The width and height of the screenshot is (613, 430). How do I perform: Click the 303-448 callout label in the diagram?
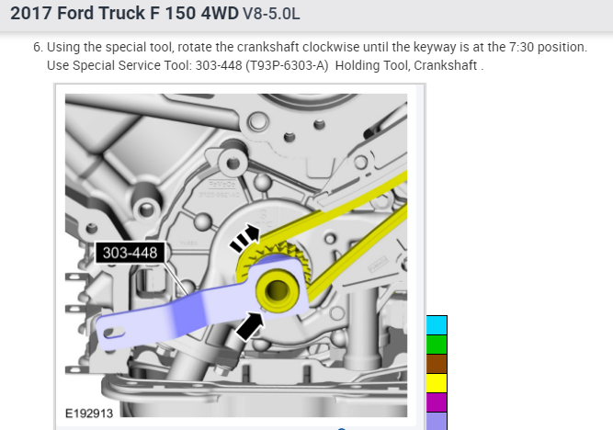[x=131, y=253]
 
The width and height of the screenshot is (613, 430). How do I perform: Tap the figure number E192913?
[x=89, y=413]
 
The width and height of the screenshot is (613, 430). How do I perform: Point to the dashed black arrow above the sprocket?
[x=244, y=238]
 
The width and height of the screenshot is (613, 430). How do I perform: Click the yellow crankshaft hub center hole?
[x=277, y=290]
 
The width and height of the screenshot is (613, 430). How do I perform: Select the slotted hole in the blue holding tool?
[x=115, y=333]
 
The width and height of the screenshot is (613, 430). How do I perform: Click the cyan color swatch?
[x=437, y=325]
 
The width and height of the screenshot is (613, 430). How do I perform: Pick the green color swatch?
[x=437, y=345]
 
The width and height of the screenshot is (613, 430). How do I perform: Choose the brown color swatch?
[x=437, y=364]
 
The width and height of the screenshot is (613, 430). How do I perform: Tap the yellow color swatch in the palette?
[x=437, y=383]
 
